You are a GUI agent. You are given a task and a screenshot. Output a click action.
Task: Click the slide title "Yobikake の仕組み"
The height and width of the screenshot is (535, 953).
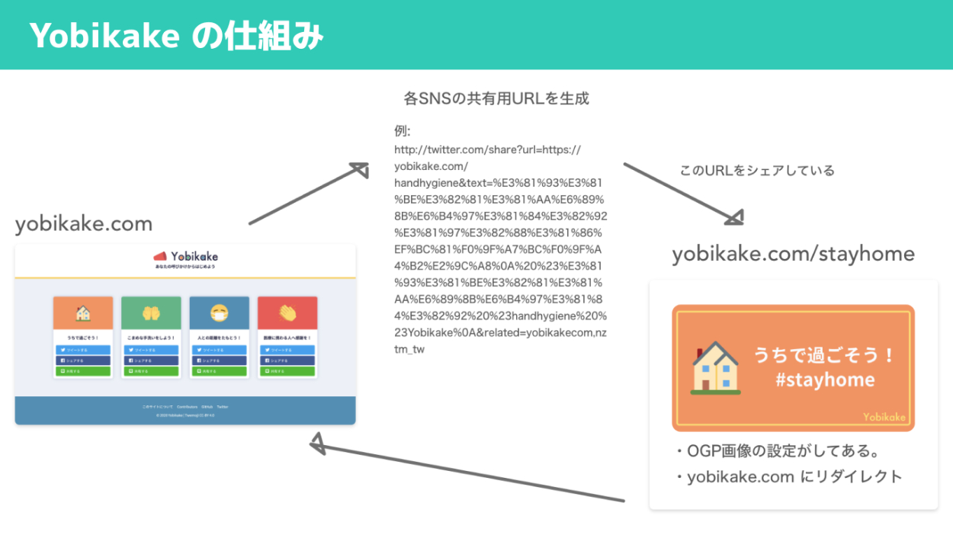[x=177, y=35]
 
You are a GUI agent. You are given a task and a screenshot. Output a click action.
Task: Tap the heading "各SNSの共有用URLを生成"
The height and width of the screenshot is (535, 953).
[x=496, y=98]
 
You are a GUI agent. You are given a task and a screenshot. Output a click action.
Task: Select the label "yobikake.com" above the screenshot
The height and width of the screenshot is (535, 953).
[x=84, y=224]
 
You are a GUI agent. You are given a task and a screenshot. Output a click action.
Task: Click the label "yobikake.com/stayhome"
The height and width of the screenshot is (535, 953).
[x=793, y=254]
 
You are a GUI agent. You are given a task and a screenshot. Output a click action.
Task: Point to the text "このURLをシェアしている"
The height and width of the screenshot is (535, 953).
[x=757, y=171]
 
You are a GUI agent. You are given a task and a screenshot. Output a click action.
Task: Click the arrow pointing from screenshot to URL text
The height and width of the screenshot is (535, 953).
[x=308, y=194]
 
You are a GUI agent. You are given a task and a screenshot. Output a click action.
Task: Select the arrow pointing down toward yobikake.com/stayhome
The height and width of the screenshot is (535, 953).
[x=682, y=194]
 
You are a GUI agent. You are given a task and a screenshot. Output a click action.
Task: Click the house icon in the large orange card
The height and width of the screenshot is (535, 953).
[x=715, y=367]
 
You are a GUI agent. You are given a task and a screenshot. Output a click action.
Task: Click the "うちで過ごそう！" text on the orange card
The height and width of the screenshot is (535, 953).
[x=824, y=354]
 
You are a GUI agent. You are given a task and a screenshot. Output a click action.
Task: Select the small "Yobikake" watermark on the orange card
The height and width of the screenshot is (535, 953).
[x=884, y=417]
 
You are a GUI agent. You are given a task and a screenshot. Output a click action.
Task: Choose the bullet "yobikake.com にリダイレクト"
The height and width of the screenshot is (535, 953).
[x=788, y=477]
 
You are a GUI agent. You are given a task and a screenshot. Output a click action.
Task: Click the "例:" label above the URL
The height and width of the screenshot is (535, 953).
[x=403, y=131]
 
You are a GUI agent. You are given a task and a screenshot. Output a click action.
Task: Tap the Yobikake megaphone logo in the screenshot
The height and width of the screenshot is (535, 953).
[x=160, y=257]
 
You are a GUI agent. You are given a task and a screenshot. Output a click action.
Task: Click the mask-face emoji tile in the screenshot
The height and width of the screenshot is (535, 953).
[x=220, y=312]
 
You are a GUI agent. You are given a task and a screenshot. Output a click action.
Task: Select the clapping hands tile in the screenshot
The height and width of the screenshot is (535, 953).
[x=287, y=312]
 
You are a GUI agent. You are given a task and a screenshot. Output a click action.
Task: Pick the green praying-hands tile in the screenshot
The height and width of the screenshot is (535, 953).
[x=151, y=312]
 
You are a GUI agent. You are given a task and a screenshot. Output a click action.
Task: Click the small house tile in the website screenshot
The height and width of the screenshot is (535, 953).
[x=83, y=312]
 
